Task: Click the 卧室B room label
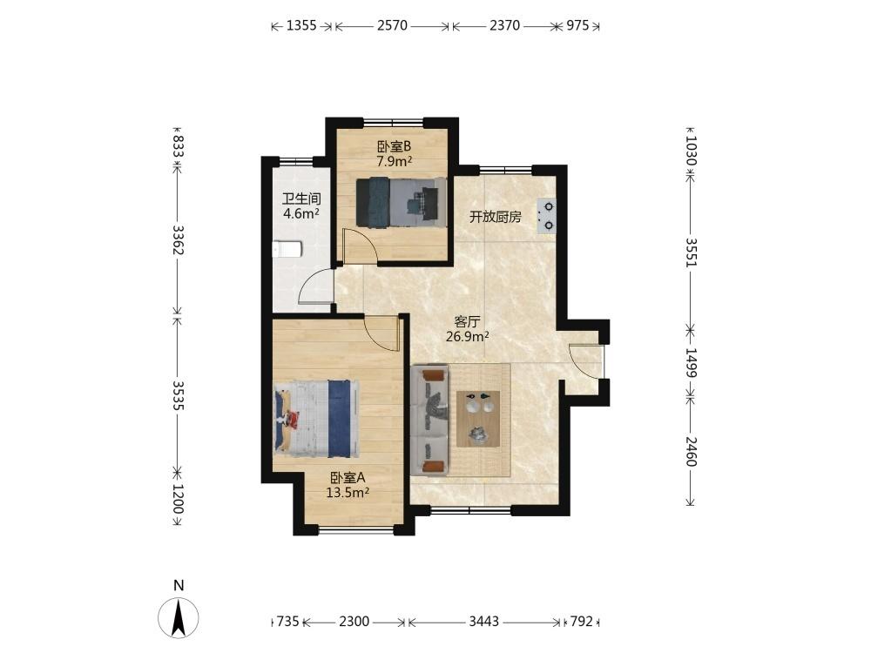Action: tap(394, 147)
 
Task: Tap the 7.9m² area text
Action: tap(394, 162)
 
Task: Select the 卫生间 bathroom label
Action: tap(301, 199)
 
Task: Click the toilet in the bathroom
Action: tap(287, 249)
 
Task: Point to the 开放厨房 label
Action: tap(496, 217)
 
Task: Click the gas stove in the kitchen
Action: tap(546, 216)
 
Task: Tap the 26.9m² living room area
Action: tap(467, 336)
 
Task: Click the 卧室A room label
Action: tap(348, 477)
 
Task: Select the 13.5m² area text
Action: tap(348, 492)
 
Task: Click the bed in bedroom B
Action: tap(401, 203)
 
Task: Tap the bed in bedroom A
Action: tap(315, 419)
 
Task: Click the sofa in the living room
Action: tap(429, 421)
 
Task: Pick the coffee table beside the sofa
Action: tap(477, 419)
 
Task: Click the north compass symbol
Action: tap(179, 616)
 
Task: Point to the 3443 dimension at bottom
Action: tap(483, 622)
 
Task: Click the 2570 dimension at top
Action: tap(392, 25)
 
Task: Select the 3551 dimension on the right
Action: tap(690, 252)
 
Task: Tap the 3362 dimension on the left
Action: tap(178, 240)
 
